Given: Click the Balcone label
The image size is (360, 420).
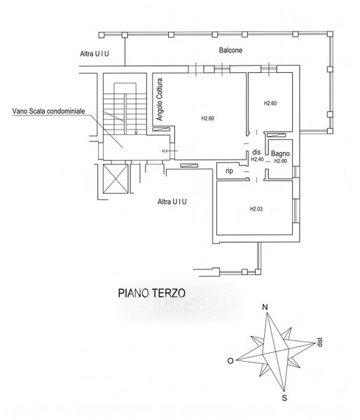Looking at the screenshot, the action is click(230, 50).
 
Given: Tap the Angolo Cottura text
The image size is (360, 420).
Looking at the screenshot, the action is click(160, 99).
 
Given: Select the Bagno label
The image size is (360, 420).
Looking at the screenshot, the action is click(280, 154).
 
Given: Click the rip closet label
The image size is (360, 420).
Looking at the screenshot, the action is click(229, 171).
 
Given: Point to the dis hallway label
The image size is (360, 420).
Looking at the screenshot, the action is click(256, 152).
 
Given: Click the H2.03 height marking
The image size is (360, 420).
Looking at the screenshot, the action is click(256, 209).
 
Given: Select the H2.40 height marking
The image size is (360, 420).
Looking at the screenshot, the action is click(257, 160).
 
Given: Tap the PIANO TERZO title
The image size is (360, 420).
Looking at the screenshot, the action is click(152, 293).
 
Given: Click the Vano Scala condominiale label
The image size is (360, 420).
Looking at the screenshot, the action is click(48, 111).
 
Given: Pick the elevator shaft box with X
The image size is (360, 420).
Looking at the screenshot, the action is click(116, 178).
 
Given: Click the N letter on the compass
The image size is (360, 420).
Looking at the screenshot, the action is click(265, 307).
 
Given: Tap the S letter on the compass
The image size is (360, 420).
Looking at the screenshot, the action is click(284, 398).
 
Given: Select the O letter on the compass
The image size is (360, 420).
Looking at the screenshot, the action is click(230, 361).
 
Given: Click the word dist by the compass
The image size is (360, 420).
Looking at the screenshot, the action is click(319, 342).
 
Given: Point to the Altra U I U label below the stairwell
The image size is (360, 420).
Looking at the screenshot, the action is click(172, 202).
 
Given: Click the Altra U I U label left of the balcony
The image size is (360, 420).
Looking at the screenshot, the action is click(95, 54).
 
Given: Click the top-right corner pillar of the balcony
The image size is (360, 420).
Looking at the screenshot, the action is click(331, 34).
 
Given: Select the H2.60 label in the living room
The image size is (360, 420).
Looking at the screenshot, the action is click(208, 118).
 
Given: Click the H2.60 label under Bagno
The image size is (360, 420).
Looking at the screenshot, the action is click(280, 161).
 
